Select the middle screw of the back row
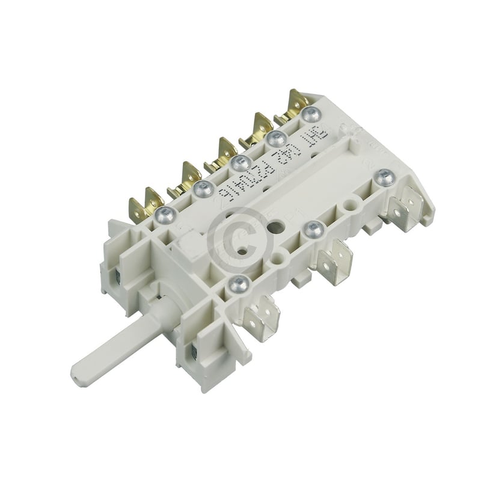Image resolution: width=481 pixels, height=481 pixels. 239,161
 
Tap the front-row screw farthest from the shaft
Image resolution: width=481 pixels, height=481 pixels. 384,176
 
